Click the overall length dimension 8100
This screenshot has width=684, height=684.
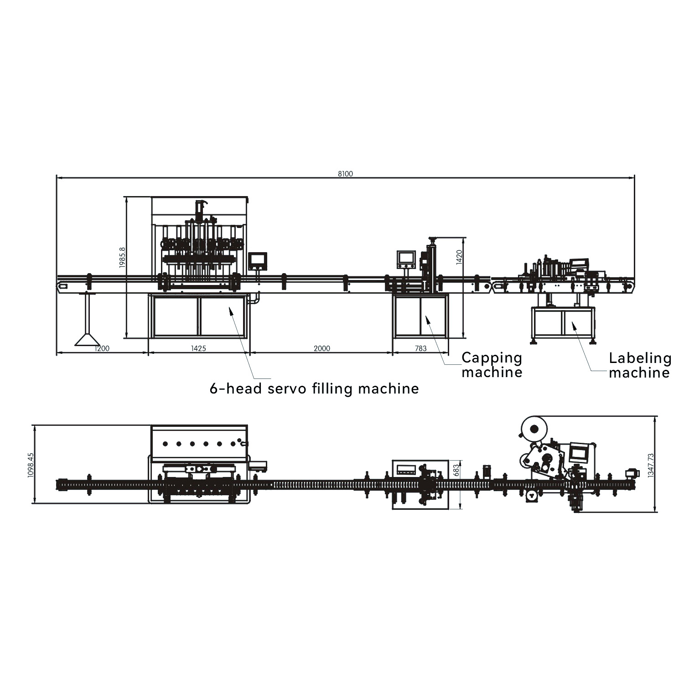345,174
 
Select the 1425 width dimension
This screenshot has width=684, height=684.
198,348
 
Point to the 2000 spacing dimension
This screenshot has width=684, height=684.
321,348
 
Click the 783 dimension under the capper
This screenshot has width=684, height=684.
420,348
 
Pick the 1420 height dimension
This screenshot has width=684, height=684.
459,258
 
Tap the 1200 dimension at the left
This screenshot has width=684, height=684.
102,348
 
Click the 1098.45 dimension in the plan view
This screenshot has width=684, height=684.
31,465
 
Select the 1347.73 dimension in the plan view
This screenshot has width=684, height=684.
651,465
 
